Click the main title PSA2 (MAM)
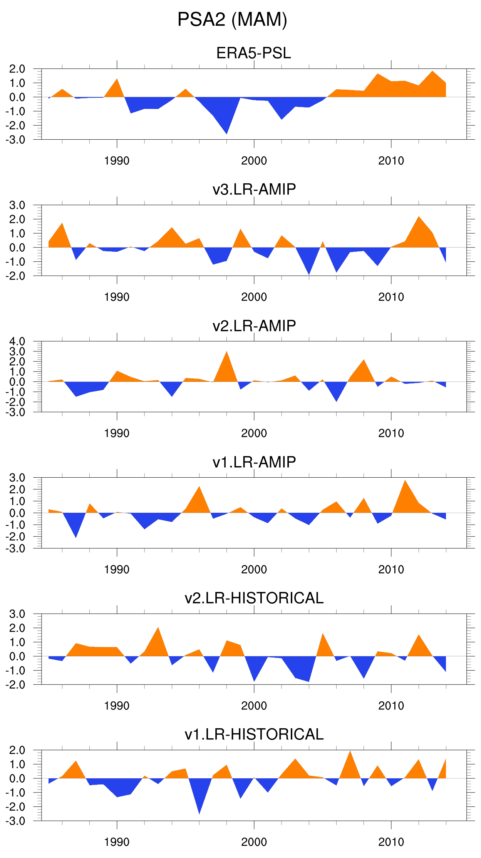pos(232,20)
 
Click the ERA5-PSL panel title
pos(254,53)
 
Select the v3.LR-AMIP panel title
pos(254,189)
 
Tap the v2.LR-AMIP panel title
pos(254,326)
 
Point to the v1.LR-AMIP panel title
pos(254,462)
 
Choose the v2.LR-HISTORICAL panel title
pos(254,598)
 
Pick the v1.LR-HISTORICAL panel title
pos(254,734)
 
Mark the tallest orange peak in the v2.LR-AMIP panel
pos(226,352)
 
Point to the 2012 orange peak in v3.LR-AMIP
pos(419,217)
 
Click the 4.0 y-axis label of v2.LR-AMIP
pos(17,341)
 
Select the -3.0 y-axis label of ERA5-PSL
pos(15,140)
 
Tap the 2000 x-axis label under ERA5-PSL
pos(254,161)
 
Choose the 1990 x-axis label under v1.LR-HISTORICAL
pos(117,842)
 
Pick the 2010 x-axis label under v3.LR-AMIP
pos(391,297)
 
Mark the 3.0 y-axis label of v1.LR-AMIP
pos(17,478)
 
